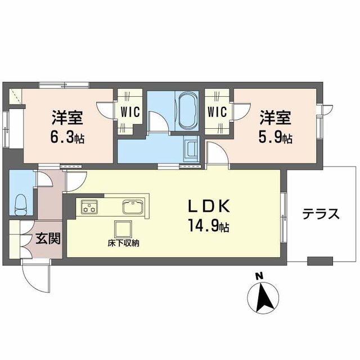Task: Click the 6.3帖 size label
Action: coord(67,137)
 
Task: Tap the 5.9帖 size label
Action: coord(275,137)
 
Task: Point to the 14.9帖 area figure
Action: coord(208,227)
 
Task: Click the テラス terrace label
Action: coord(321,214)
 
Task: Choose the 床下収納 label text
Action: coord(124,244)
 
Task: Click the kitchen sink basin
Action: coord(133,206)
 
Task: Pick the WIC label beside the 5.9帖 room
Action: coord(218,111)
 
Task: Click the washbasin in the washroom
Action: coord(192,150)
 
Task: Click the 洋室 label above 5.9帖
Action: coord(275,118)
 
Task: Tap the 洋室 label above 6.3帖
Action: coord(67,118)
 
